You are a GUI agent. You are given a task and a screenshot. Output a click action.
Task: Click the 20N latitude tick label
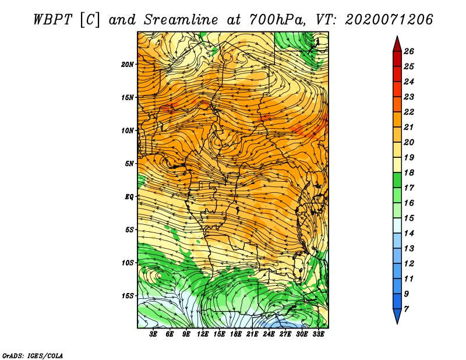point(128,64)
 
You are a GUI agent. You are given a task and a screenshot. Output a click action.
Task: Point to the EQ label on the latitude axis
point(129,196)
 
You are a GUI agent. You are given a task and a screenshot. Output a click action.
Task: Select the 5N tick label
point(129,164)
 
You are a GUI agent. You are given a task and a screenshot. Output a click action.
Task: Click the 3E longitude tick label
point(153,334)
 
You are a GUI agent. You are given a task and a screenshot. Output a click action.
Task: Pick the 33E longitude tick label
point(318,334)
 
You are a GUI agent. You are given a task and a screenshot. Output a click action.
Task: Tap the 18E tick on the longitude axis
point(235,334)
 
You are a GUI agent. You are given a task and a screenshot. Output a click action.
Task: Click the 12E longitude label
point(202,334)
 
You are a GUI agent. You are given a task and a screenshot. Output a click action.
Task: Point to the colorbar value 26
point(409,51)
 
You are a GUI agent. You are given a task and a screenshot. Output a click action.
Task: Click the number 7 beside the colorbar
point(406,309)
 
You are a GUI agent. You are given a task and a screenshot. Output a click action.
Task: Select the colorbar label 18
point(409,172)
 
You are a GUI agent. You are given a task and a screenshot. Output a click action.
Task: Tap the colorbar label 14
point(409,234)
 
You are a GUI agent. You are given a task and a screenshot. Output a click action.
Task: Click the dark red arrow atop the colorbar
point(397,45)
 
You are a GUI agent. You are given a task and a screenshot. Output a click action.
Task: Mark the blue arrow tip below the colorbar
point(397,323)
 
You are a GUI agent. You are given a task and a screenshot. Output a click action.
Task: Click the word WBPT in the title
point(52,20)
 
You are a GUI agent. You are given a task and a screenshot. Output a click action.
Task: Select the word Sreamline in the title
point(181,20)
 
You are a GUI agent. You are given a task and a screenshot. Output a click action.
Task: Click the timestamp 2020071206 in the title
point(389,20)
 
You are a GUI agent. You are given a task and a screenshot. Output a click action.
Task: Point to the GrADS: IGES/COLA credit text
point(33,356)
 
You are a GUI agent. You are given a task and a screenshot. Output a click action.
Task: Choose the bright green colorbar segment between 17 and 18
point(397,180)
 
